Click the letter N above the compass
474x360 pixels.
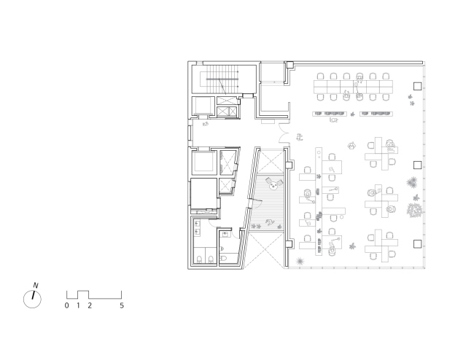coord(36,285)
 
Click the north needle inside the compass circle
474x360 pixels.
coord(34,295)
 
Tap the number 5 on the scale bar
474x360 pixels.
coord(122,305)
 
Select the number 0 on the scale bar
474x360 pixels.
coord(67,305)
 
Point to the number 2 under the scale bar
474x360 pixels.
coord(90,305)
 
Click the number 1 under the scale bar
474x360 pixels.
coord(78,305)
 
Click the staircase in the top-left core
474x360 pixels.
coord(222,79)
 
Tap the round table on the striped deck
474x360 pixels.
coord(274,186)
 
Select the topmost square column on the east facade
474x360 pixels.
coord(417,86)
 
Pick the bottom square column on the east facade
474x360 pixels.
coord(417,244)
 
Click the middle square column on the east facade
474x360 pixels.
coord(417,165)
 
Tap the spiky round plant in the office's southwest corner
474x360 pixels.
coord(300,261)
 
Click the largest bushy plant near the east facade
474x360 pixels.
coord(414,210)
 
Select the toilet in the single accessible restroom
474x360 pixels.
coord(223,259)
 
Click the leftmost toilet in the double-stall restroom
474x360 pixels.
coord(200,259)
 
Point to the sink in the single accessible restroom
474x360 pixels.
coord(225,234)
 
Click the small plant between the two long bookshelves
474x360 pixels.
coord(352,114)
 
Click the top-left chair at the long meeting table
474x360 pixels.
coord(320,76)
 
